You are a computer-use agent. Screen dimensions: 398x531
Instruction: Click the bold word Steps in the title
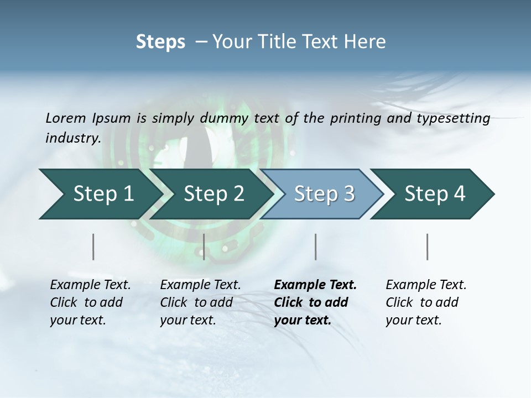click(x=160, y=42)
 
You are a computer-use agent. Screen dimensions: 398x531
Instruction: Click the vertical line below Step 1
click(x=93, y=247)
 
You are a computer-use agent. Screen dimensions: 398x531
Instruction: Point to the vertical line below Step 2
click(x=204, y=247)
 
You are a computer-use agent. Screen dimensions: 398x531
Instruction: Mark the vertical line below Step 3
click(x=315, y=247)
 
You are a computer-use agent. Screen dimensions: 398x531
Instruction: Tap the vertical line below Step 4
click(x=428, y=247)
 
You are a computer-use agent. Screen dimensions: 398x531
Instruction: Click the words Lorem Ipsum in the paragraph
click(x=88, y=118)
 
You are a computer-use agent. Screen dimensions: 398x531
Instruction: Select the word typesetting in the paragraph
click(x=454, y=118)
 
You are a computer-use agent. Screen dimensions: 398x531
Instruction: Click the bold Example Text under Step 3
click(x=315, y=285)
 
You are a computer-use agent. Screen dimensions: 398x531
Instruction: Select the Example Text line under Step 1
click(x=90, y=285)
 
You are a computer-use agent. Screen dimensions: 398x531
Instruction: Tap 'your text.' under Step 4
click(x=413, y=320)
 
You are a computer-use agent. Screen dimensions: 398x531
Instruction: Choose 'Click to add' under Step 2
click(x=196, y=303)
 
